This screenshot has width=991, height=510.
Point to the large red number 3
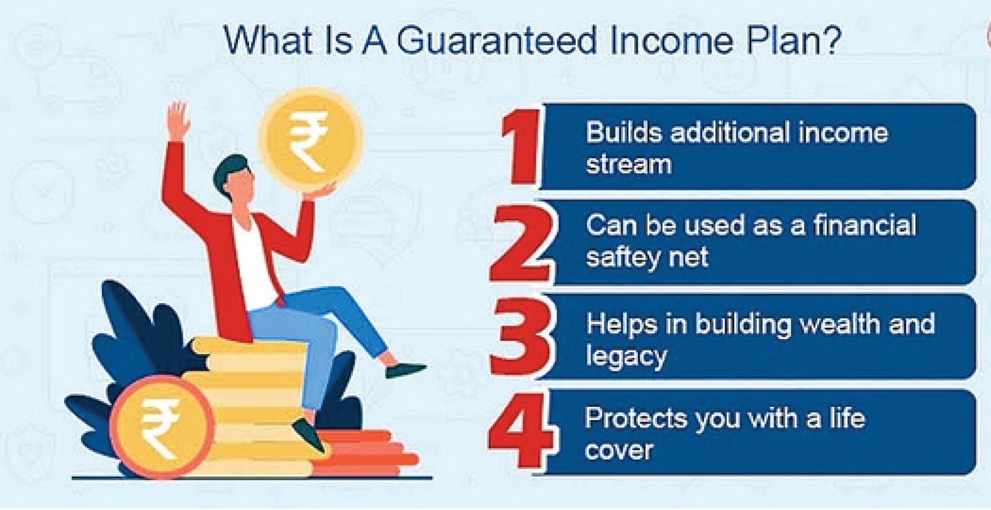(522, 337)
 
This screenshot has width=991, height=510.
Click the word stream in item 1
(629, 165)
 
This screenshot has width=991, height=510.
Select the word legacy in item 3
(626, 357)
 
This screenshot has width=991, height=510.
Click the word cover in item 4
(619, 451)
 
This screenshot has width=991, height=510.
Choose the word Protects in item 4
(636, 418)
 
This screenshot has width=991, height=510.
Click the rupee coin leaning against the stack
(162, 427)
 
